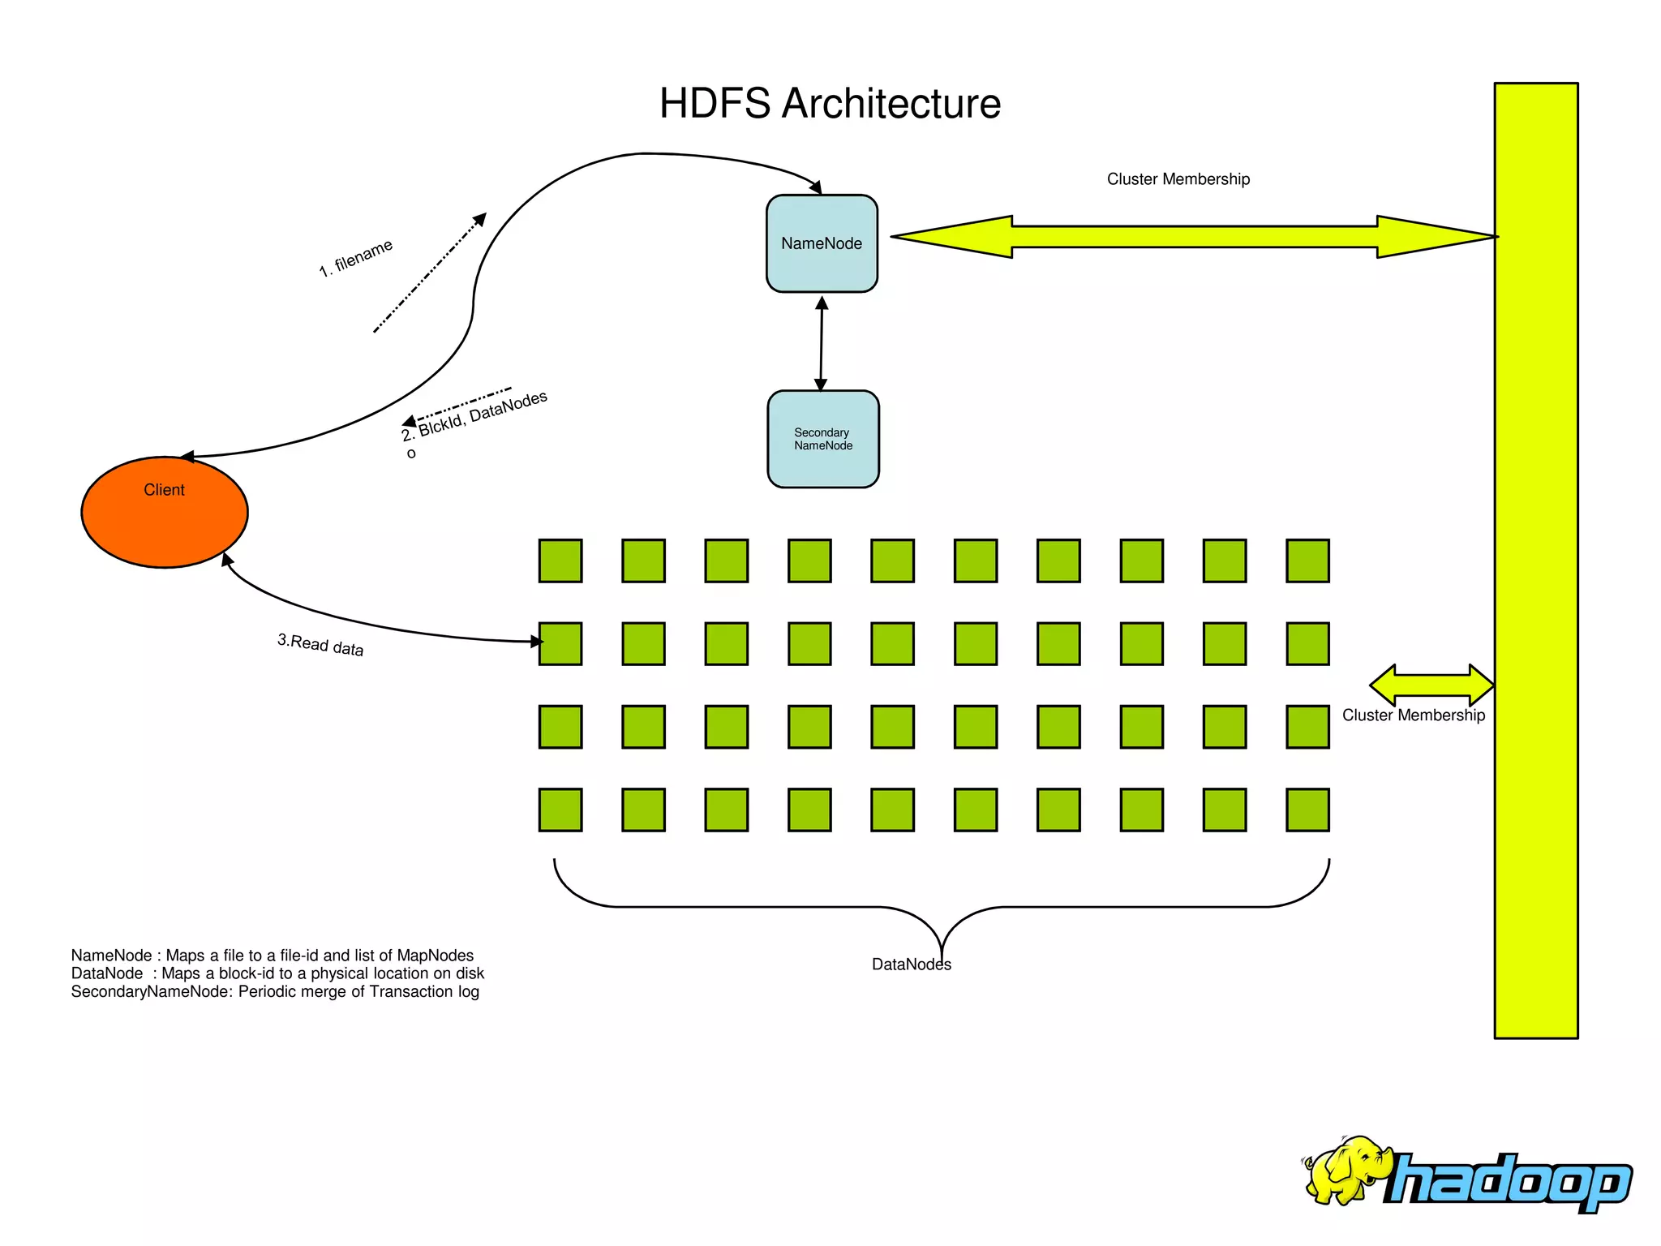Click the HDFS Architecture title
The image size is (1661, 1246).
[x=830, y=104]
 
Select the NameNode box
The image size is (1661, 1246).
[x=822, y=243]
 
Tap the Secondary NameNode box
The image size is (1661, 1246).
[x=823, y=439]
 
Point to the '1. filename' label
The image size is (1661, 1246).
[x=355, y=258]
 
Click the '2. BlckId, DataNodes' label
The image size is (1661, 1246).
[x=475, y=416]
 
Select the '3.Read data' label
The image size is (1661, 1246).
[x=320, y=645]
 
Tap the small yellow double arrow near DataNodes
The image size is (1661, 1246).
[x=1431, y=685]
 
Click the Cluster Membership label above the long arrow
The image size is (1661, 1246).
[x=1178, y=179]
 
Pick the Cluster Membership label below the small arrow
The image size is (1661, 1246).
[x=1413, y=715]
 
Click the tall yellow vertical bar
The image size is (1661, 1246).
[x=1535, y=560]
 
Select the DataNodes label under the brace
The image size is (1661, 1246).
[x=911, y=965]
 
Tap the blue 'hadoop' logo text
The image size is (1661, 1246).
[x=1509, y=1181]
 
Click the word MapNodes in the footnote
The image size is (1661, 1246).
[x=435, y=956]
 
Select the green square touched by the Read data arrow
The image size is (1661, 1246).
[x=560, y=644]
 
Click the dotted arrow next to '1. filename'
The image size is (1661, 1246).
[x=430, y=273]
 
